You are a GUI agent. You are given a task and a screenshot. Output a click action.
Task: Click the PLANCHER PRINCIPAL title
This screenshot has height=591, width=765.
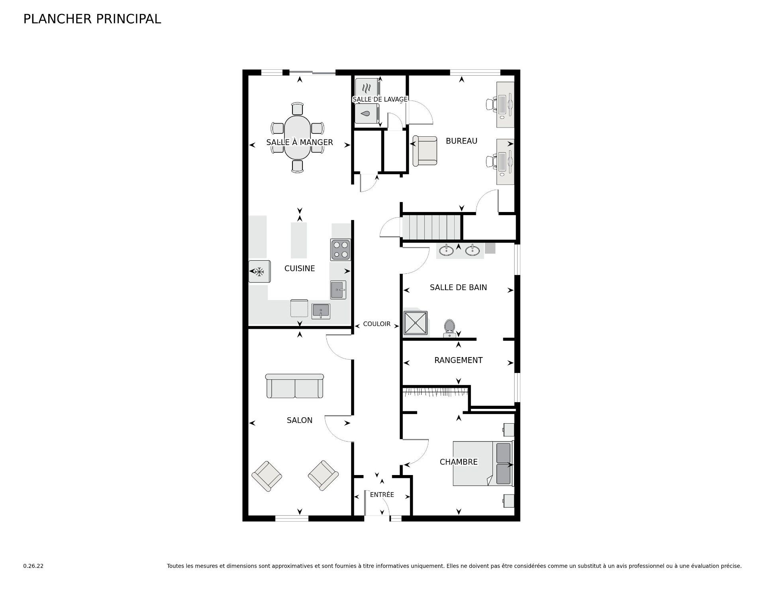pyautogui.click(x=92, y=19)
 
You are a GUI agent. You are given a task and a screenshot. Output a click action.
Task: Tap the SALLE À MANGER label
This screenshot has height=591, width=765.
pyautogui.click(x=300, y=142)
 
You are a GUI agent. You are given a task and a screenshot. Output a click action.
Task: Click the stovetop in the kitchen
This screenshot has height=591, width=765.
pyautogui.click(x=340, y=250)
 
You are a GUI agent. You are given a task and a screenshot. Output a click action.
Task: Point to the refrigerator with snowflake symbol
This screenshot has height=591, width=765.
pyautogui.click(x=260, y=271)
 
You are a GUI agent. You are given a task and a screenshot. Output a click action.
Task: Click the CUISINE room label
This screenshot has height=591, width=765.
pyautogui.click(x=300, y=269)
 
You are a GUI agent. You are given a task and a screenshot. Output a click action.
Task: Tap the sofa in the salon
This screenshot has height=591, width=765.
pyautogui.click(x=294, y=386)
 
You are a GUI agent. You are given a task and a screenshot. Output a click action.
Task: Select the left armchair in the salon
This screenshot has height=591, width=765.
pyautogui.click(x=267, y=476)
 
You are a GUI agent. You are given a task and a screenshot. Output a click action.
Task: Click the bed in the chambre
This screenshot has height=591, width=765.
pyautogui.click(x=483, y=463)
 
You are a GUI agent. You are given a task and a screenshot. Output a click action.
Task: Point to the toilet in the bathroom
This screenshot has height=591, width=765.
pyautogui.click(x=449, y=328)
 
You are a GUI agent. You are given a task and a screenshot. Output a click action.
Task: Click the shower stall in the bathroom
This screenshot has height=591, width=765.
pyautogui.click(x=416, y=322)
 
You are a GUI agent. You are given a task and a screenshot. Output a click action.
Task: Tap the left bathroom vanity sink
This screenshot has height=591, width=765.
pyautogui.click(x=446, y=250)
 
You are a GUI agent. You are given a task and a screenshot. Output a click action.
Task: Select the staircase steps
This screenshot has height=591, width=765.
pyautogui.click(x=431, y=227)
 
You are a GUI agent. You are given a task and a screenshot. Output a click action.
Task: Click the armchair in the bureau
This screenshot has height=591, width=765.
pyautogui.click(x=425, y=151)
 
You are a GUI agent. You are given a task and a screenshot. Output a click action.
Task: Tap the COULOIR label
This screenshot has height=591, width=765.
pyautogui.click(x=377, y=324)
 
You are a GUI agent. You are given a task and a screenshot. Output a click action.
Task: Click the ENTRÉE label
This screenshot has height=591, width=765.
pyautogui.click(x=382, y=495)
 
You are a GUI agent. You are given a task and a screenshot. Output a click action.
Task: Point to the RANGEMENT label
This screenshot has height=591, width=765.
pyautogui.click(x=458, y=360)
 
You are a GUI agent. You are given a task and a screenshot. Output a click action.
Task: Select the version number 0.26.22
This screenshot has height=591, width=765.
pyautogui.click(x=33, y=566)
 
